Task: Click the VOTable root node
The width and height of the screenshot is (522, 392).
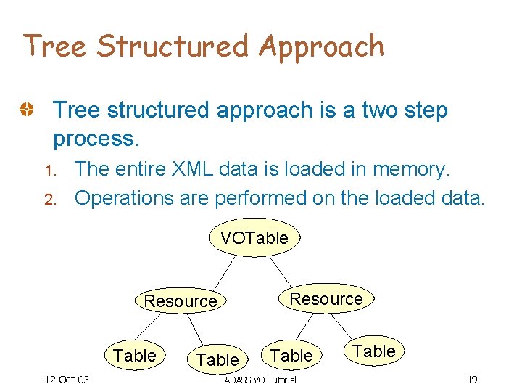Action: point(254,238)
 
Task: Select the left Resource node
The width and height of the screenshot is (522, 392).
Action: point(181,301)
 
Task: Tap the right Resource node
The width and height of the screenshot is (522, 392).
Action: point(326,298)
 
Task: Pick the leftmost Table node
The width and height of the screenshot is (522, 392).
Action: point(135,355)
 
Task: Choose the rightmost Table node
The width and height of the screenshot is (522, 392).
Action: point(374,351)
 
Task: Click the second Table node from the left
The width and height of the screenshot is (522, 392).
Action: point(217,359)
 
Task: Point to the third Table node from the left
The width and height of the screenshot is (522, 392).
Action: point(291,355)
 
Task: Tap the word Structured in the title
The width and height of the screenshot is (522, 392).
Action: point(174,46)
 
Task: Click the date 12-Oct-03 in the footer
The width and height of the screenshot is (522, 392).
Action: point(66,380)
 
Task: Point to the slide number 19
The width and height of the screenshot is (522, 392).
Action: point(471,380)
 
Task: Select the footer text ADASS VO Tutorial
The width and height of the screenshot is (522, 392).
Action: point(260,380)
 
